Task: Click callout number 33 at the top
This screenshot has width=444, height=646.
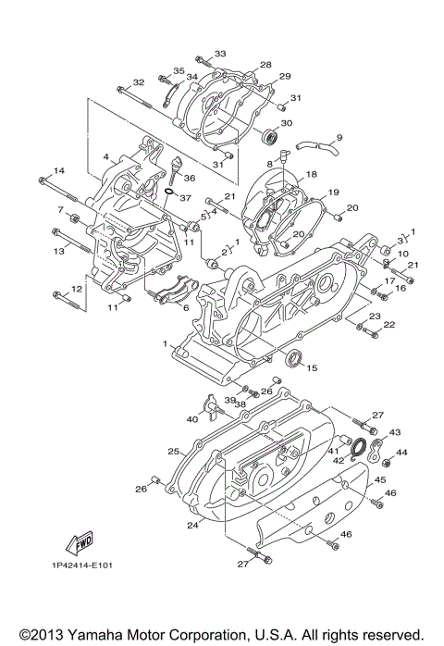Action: (220, 55)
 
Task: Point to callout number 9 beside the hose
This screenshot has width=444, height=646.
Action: (339, 138)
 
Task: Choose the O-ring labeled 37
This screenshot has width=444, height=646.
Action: (170, 193)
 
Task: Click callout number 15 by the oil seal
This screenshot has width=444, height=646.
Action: (312, 367)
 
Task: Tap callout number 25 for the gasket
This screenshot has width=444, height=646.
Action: (172, 451)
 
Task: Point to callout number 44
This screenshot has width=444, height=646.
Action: (401, 453)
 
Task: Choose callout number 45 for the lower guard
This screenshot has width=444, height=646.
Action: (379, 479)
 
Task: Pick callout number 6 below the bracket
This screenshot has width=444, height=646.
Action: (186, 308)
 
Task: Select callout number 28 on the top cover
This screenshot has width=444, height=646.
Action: (265, 65)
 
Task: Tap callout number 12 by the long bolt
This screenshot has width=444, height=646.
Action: (77, 289)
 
